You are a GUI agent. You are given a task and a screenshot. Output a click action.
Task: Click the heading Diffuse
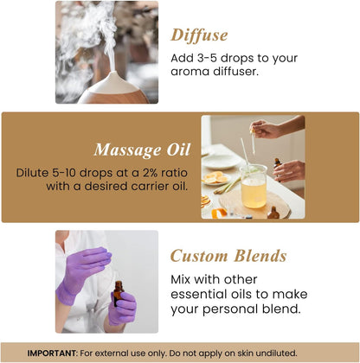point(199,35)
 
